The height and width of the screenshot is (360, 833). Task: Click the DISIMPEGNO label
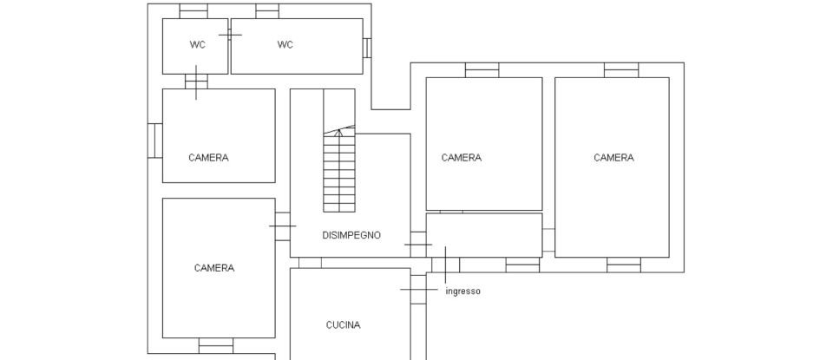(x=351, y=235)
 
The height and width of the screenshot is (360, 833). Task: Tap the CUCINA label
(x=343, y=325)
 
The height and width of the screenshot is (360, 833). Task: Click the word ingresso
(x=462, y=291)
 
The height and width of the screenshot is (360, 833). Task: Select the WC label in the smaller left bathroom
(x=198, y=45)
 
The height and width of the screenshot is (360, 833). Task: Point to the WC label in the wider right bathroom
(x=285, y=45)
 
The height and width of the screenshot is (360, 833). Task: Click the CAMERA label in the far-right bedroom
(x=613, y=158)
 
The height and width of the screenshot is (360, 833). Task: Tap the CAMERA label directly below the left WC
(x=208, y=158)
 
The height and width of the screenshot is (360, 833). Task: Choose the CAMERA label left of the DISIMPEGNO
(x=213, y=268)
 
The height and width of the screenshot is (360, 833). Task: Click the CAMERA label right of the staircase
(x=461, y=158)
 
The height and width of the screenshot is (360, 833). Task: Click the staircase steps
(x=339, y=173)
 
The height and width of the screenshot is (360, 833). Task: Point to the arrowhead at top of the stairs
(x=339, y=132)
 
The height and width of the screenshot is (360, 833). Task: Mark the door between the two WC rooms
(x=230, y=35)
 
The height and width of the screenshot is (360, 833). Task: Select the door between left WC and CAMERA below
(x=196, y=82)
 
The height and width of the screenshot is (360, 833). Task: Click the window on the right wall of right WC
(x=367, y=47)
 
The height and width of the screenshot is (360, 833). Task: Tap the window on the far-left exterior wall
(x=155, y=140)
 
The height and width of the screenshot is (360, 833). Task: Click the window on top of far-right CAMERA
(x=621, y=70)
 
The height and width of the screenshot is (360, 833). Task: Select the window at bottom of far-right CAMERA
(x=624, y=265)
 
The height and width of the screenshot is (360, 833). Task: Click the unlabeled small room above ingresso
(x=483, y=235)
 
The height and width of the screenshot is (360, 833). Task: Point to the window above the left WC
(x=193, y=11)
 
